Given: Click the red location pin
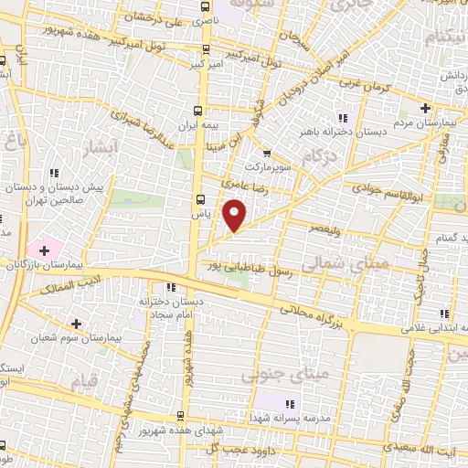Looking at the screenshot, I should [x=235, y=214].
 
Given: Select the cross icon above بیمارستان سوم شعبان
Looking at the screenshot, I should [x=75, y=324].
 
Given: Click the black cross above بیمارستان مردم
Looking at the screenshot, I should [x=425, y=109].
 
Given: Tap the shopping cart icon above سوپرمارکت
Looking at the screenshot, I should [x=266, y=154].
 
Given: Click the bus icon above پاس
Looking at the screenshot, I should [x=199, y=198].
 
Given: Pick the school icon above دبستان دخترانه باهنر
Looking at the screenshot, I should [x=343, y=117].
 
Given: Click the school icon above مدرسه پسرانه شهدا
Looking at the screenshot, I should [x=292, y=403].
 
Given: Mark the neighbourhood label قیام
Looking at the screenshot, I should [x=82, y=382].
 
